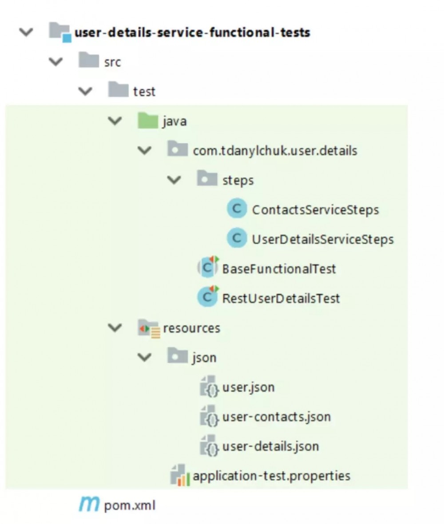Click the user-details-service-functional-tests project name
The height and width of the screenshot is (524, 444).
click(x=192, y=33)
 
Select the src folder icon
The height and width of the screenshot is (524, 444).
click(x=88, y=62)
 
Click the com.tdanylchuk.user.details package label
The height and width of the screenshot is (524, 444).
click(x=275, y=150)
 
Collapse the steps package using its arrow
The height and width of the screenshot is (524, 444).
click(x=175, y=180)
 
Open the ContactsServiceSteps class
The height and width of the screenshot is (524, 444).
click(x=315, y=209)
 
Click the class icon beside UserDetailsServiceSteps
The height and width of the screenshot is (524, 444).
click(x=237, y=239)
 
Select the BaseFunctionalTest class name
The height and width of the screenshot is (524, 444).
click(x=279, y=268)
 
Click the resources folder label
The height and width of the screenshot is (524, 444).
click(x=191, y=328)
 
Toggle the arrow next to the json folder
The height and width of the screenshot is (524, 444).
click(x=145, y=357)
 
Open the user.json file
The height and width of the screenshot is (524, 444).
click(x=248, y=387)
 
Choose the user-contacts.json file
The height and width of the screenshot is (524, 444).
click(x=276, y=417)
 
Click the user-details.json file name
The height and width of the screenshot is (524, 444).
click(x=270, y=446)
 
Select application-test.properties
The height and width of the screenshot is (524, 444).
click(x=271, y=476)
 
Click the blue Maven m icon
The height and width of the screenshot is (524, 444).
click(x=90, y=504)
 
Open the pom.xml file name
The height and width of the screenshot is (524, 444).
click(x=130, y=505)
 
